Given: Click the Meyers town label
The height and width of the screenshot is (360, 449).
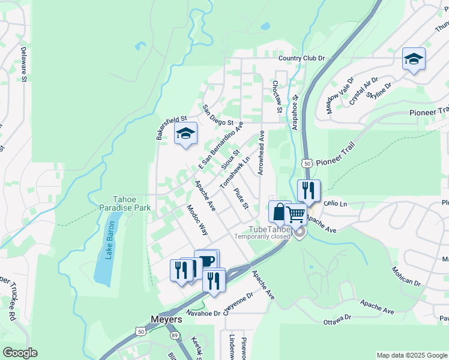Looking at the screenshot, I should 166,320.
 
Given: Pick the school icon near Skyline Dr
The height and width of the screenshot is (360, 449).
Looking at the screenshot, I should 414,59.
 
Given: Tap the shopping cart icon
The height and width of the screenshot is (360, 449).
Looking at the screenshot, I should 295,214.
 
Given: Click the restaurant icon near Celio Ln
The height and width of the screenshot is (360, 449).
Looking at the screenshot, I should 309,191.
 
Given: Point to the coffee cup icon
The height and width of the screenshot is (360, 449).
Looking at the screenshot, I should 206,261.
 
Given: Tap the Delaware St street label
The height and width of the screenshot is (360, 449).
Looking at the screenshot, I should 24,65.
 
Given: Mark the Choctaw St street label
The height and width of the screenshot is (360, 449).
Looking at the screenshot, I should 277,97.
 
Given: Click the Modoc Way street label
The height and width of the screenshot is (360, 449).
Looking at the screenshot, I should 197,220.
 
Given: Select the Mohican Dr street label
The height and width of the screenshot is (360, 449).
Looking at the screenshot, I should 406,277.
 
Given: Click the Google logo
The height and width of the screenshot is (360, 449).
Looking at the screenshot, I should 20,353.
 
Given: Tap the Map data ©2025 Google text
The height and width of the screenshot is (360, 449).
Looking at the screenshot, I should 411,355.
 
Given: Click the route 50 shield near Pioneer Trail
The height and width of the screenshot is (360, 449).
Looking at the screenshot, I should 306,163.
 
